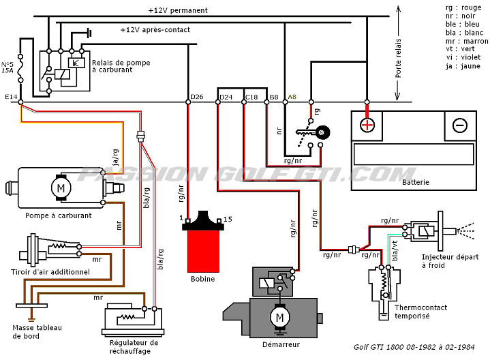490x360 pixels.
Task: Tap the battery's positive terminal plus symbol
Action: click(367, 125)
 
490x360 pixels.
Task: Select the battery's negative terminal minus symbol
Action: click(460, 125)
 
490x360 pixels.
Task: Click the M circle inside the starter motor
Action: click(278, 317)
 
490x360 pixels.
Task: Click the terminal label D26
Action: click(196, 97)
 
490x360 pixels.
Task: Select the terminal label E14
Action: click(10, 97)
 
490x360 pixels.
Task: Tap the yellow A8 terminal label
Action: click(293, 97)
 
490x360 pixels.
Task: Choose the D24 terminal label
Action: click(226, 97)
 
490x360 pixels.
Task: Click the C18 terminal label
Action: click(251, 97)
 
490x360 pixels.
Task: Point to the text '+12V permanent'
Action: click(178, 10)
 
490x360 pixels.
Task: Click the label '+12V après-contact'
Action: click(155, 30)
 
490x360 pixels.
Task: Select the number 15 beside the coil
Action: click(228, 219)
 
